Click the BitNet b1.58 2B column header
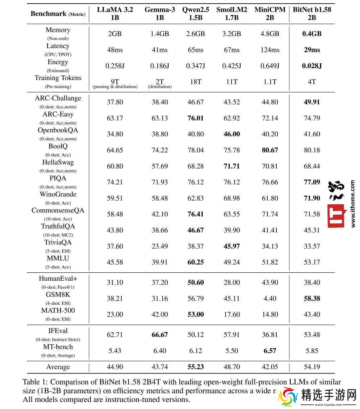click(x=312, y=13)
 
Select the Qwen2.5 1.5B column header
click(x=195, y=13)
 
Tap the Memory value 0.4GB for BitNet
click(x=312, y=33)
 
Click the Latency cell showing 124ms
click(x=270, y=50)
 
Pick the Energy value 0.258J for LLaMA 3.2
click(x=115, y=66)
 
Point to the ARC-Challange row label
click(x=58, y=98)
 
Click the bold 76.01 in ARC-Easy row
click(x=195, y=118)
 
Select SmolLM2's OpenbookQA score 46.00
click(x=232, y=134)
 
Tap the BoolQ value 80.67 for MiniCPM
click(x=270, y=150)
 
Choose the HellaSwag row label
click(x=58, y=162)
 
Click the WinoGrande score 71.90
click(x=312, y=198)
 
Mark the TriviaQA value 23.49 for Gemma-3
click(x=160, y=246)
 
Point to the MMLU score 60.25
click(x=195, y=262)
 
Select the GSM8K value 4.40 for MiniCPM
click(x=270, y=298)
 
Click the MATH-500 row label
click(x=58, y=311)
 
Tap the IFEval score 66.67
click(x=160, y=335)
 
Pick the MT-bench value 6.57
click(x=270, y=351)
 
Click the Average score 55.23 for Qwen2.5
click(x=195, y=367)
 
